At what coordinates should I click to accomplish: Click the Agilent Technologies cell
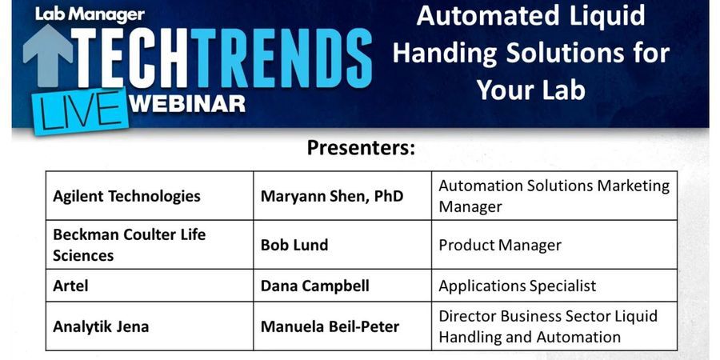pyautogui.click(x=126, y=196)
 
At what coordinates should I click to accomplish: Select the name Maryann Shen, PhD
pyautogui.click(x=332, y=196)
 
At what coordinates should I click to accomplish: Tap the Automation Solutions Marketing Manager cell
pyautogui.click(x=554, y=196)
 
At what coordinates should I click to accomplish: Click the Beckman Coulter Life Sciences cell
pyautogui.click(x=130, y=245)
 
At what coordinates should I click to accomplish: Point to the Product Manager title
pyautogui.click(x=500, y=245)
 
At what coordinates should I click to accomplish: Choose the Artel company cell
pyautogui.click(x=71, y=286)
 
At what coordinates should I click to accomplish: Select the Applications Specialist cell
pyautogui.click(x=517, y=286)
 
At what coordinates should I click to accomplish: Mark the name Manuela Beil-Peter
pyautogui.click(x=330, y=326)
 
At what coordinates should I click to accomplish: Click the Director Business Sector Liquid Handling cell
pyautogui.click(x=548, y=326)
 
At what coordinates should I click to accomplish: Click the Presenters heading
pyautogui.click(x=361, y=148)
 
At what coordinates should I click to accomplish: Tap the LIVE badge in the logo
pyautogui.click(x=78, y=110)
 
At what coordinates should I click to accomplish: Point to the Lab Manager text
pyautogui.click(x=90, y=14)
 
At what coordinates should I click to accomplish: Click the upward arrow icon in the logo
pyautogui.click(x=47, y=56)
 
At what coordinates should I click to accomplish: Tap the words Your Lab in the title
pyautogui.click(x=530, y=89)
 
